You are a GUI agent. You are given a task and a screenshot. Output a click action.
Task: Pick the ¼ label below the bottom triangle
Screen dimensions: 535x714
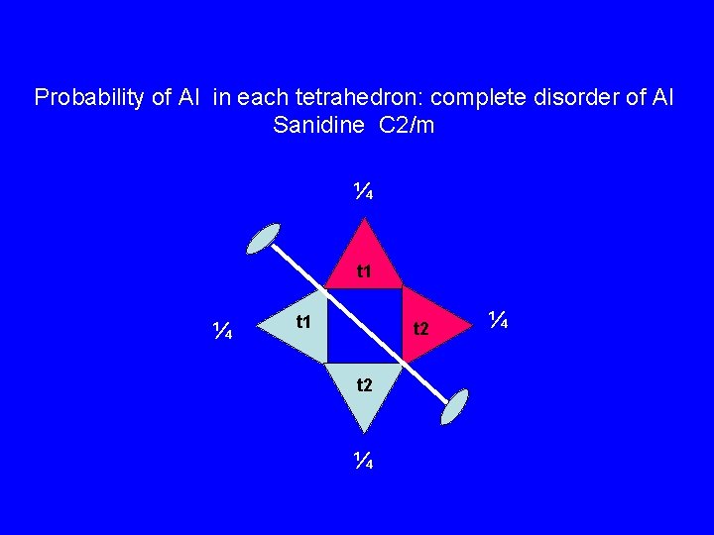pyautogui.click(x=364, y=460)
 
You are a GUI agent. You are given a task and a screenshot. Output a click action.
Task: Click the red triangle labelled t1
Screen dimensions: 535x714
pyautogui.click(x=364, y=260)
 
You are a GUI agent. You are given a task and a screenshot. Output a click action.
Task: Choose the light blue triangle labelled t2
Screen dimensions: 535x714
pyautogui.click(x=365, y=392)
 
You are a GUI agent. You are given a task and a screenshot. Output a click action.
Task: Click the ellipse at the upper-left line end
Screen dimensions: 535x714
pyautogui.click(x=263, y=239)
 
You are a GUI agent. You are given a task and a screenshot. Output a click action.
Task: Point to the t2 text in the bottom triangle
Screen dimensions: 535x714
pyautogui.click(x=365, y=384)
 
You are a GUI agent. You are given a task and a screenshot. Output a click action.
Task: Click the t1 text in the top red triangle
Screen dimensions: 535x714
pyautogui.click(x=364, y=270)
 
